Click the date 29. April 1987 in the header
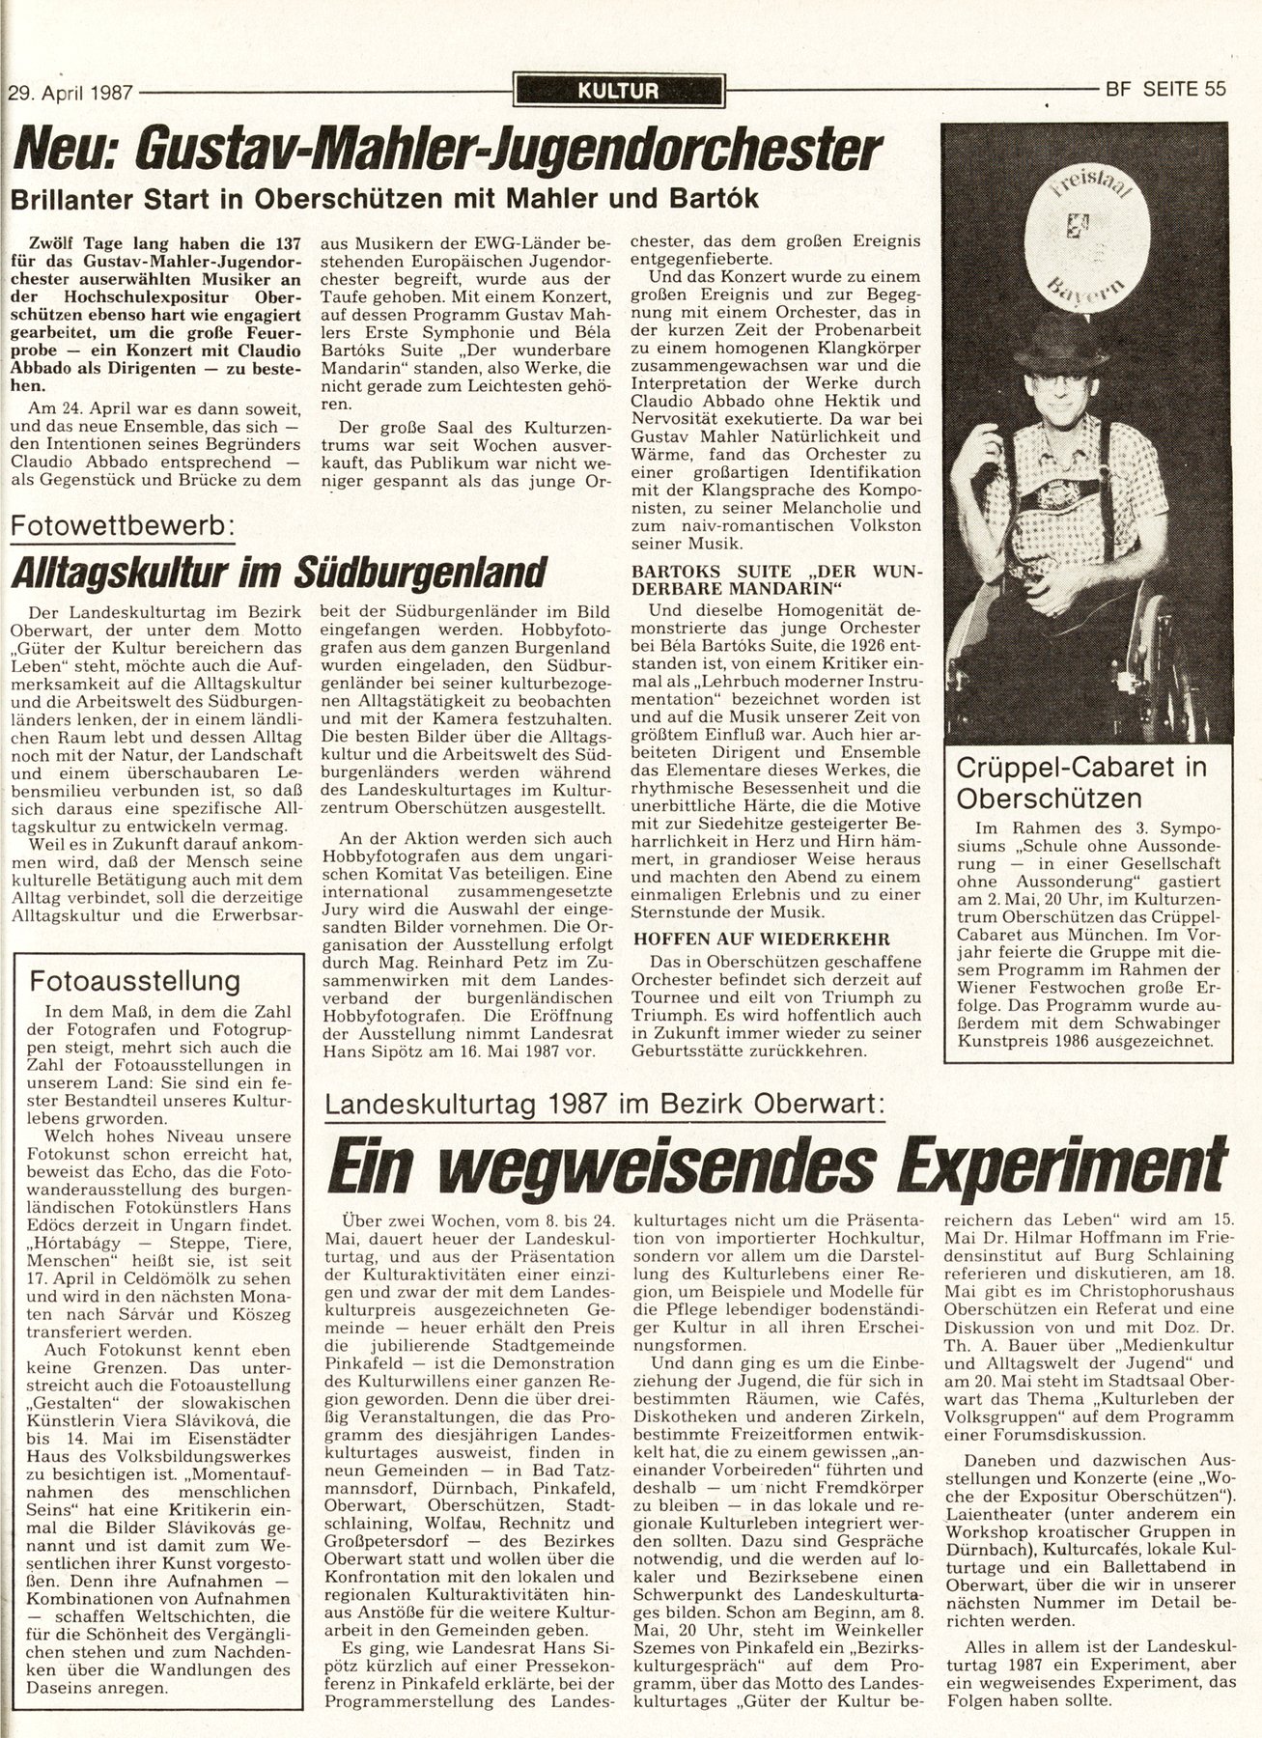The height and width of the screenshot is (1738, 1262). tap(70, 94)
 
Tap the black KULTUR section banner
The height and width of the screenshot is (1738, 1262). tap(619, 92)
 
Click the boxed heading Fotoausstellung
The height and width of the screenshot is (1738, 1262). tap(135, 981)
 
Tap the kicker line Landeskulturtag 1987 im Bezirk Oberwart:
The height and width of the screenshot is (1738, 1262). tap(605, 1104)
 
